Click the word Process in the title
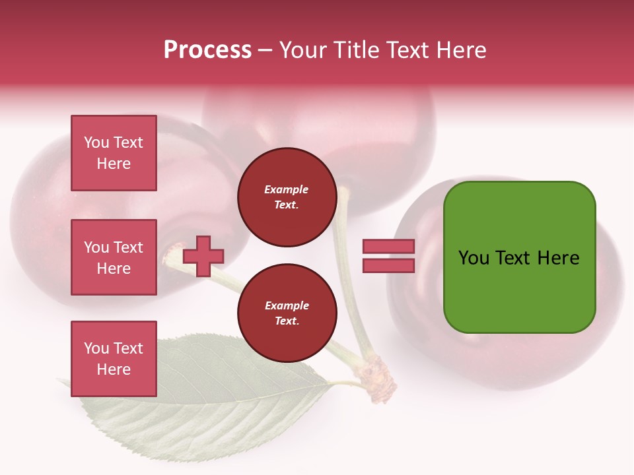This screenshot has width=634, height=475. pyautogui.click(x=207, y=50)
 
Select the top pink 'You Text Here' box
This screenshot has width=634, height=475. pyautogui.click(x=114, y=153)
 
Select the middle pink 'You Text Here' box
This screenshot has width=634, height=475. pyautogui.click(x=114, y=257)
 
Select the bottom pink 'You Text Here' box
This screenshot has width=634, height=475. pyautogui.click(x=114, y=359)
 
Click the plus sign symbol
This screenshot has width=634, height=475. pyautogui.click(x=203, y=256)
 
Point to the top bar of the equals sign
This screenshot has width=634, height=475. pyautogui.click(x=388, y=247)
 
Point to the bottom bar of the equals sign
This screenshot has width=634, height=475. pyautogui.click(x=388, y=265)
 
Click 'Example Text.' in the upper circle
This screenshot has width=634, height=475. pyautogui.click(x=287, y=197)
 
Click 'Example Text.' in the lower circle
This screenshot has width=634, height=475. pyautogui.click(x=287, y=313)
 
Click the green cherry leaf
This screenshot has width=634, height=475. pyautogui.click(x=198, y=396)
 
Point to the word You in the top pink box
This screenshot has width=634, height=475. pyautogui.click(x=96, y=142)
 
